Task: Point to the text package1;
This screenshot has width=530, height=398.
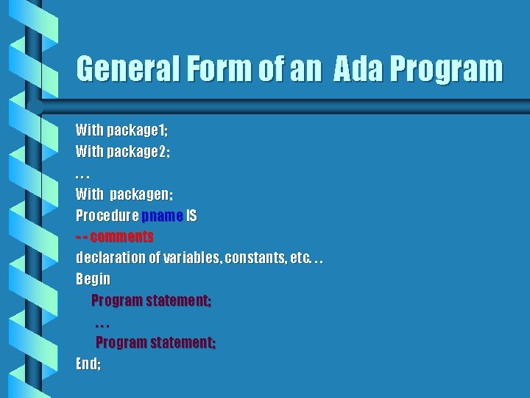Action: pos(138,131)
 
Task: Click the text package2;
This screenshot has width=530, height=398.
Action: pos(139,153)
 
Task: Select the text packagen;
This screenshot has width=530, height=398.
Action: pos(141,195)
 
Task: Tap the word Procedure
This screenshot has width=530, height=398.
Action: pos(107,217)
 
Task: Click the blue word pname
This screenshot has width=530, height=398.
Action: pos(162,217)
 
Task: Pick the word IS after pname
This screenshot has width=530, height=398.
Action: pos(191,217)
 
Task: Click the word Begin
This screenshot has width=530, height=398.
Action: pos(93,279)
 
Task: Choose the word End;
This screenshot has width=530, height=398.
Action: pos(88,363)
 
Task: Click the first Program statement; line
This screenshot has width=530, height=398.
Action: pos(152,301)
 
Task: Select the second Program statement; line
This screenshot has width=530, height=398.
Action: pos(156,343)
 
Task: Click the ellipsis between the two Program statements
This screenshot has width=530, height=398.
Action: pos(102,324)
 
